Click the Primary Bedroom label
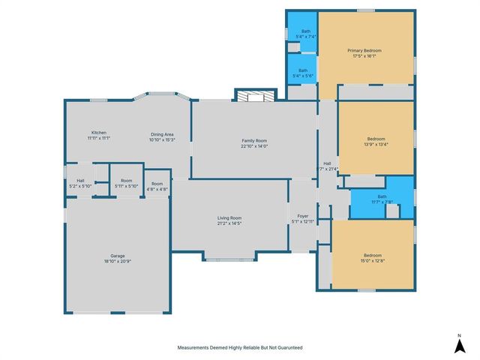point(365,50)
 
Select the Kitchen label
point(98,133)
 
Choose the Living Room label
point(229,217)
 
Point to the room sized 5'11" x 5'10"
point(127,183)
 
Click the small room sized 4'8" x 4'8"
point(157,187)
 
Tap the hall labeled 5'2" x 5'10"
point(80,183)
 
